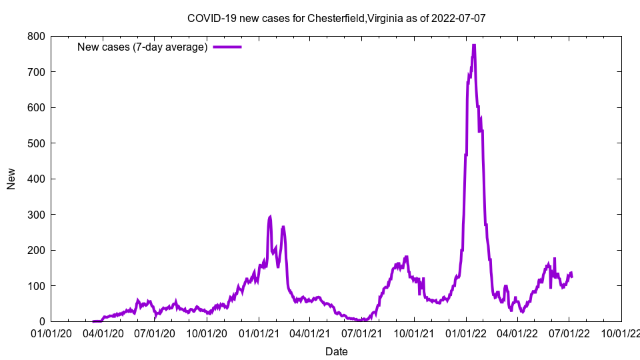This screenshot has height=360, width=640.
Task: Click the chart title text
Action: click(336, 18)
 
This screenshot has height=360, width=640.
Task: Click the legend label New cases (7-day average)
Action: click(142, 47)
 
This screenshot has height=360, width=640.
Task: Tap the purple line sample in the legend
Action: click(227, 47)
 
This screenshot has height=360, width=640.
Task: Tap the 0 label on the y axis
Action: click(41, 322)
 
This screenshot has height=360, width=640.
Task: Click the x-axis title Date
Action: click(336, 351)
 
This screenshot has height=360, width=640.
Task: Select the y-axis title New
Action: click(11, 179)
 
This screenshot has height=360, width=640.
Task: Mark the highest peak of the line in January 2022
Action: click(473, 45)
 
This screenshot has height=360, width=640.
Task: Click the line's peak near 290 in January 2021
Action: click(270, 217)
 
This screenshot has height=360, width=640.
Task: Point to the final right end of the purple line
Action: click(572, 277)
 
